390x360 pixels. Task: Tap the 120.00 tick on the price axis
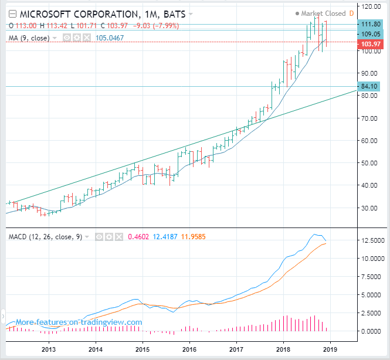click(369, 6)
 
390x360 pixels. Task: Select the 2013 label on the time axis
click(49, 349)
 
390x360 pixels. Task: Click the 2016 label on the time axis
click(189, 349)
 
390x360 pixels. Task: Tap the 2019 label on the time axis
click(330, 349)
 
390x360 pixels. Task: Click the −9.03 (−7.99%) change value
click(157, 25)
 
